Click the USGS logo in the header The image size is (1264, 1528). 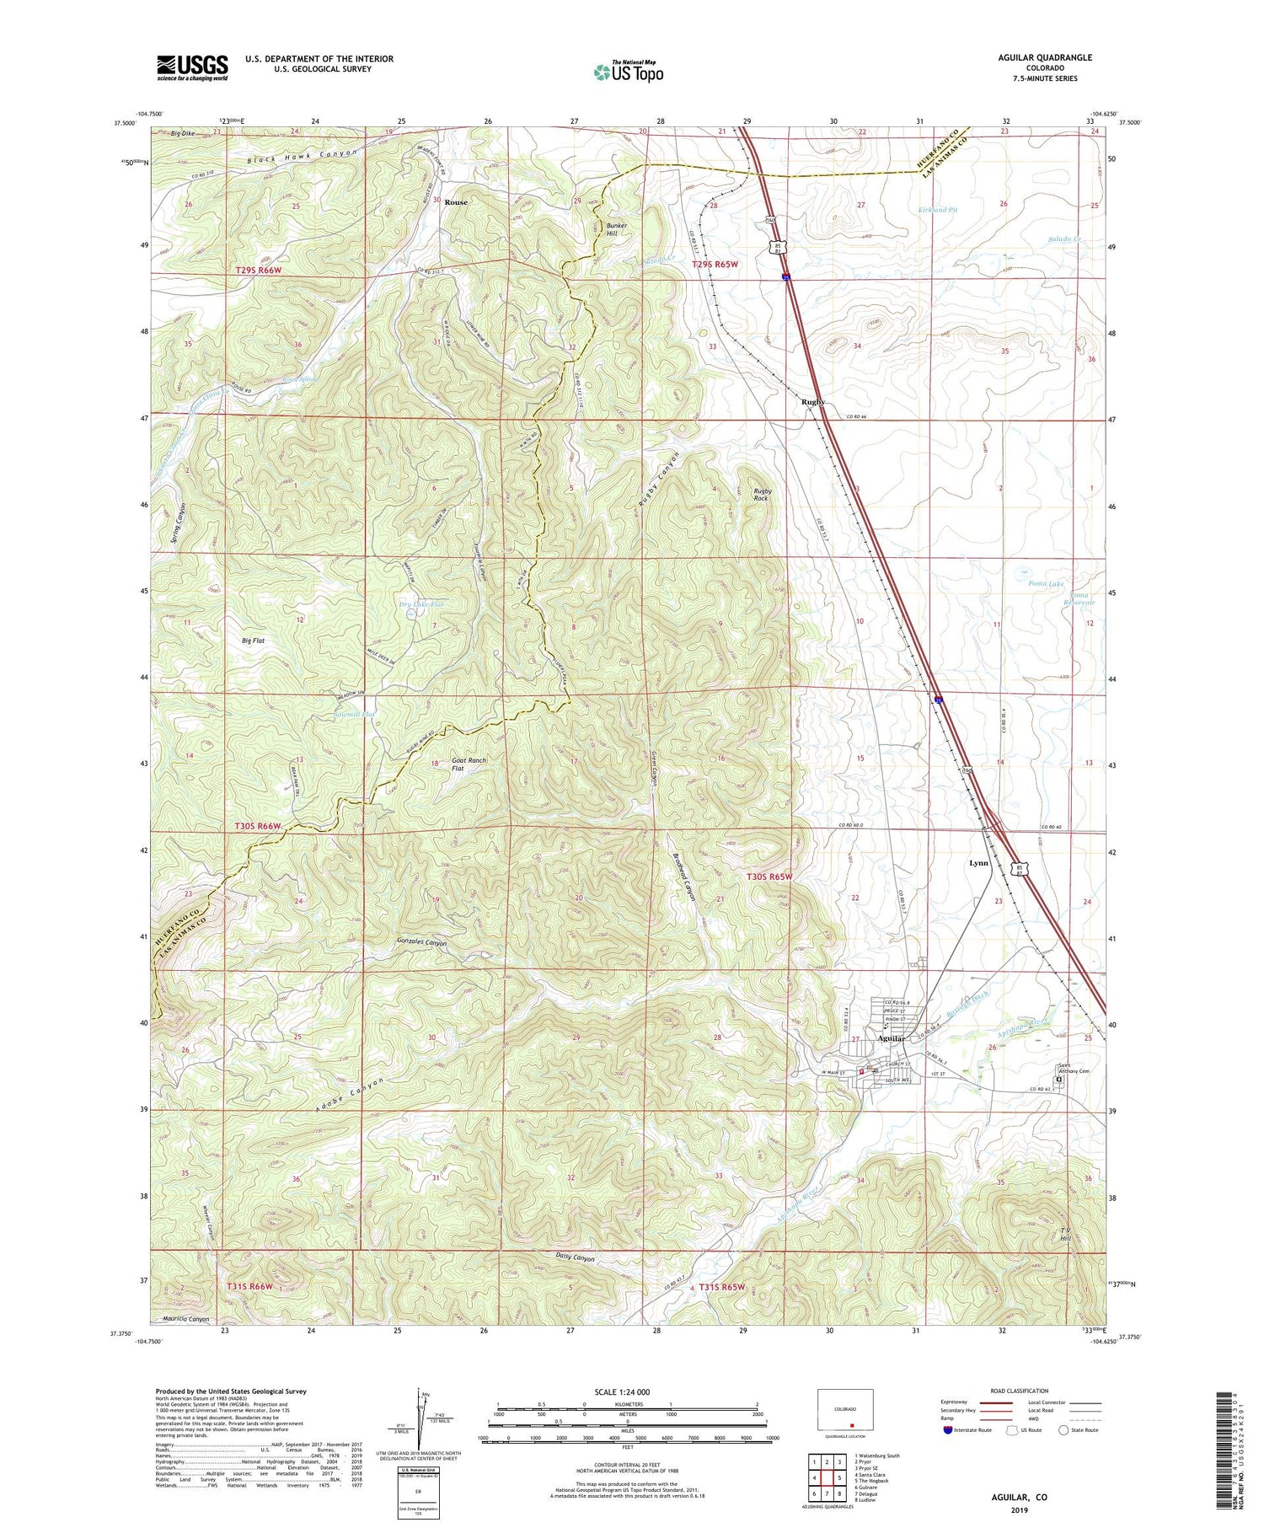coord(192,67)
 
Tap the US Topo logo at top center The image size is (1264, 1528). coord(627,72)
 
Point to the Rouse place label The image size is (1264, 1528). coord(456,202)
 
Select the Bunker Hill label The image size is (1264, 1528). coord(619,229)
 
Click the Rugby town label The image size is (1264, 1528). coord(812,402)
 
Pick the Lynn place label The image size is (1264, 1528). coord(977,863)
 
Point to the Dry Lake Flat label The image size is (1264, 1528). coord(420,604)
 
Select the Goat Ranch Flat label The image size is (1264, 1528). coord(469,764)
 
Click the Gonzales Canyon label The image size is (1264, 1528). coord(409,943)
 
